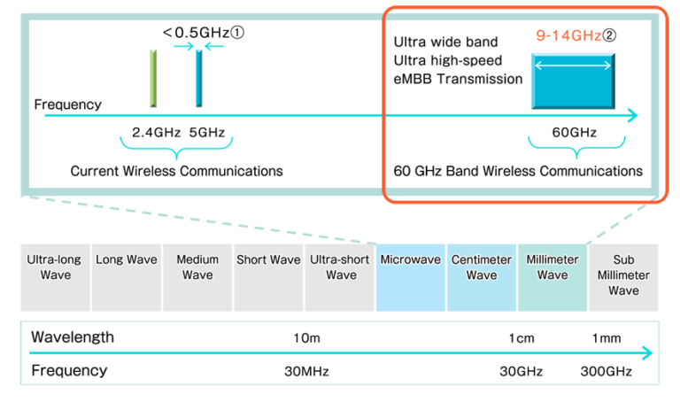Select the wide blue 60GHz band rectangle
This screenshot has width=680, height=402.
coord(575,81)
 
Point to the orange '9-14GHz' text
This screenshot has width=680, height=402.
coord(566,35)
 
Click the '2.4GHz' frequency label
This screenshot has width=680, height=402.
coord(156,133)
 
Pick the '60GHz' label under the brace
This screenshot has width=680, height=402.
coord(574,133)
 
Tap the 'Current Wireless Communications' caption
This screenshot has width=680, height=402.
coord(177,170)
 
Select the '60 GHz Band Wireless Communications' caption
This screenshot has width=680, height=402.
coord(519,170)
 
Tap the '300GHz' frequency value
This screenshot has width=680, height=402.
coord(607,371)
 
